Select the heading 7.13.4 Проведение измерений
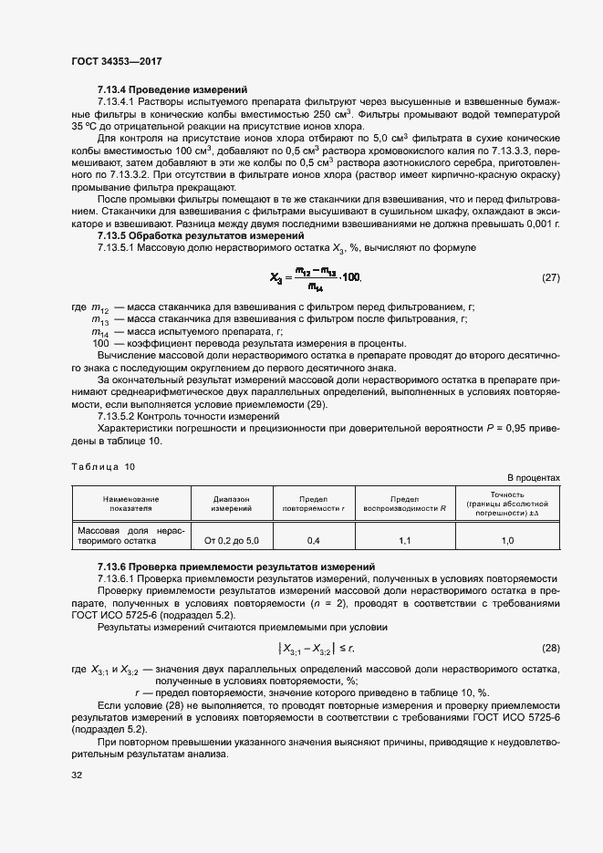click(172, 90)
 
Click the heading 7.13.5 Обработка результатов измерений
click(200, 235)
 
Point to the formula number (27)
click(550, 277)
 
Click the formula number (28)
click(550, 648)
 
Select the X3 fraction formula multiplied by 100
click(317, 278)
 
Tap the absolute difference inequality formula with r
click(315, 648)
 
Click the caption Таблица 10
click(102, 466)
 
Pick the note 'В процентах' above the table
click(533, 478)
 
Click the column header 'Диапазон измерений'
click(232, 504)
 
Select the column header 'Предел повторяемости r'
click(313, 505)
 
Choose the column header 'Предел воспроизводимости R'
click(404, 504)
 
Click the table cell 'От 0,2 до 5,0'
click(232, 541)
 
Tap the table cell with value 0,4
click(313, 541)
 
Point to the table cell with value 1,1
click(405, 541)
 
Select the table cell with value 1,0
click(506, 541)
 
